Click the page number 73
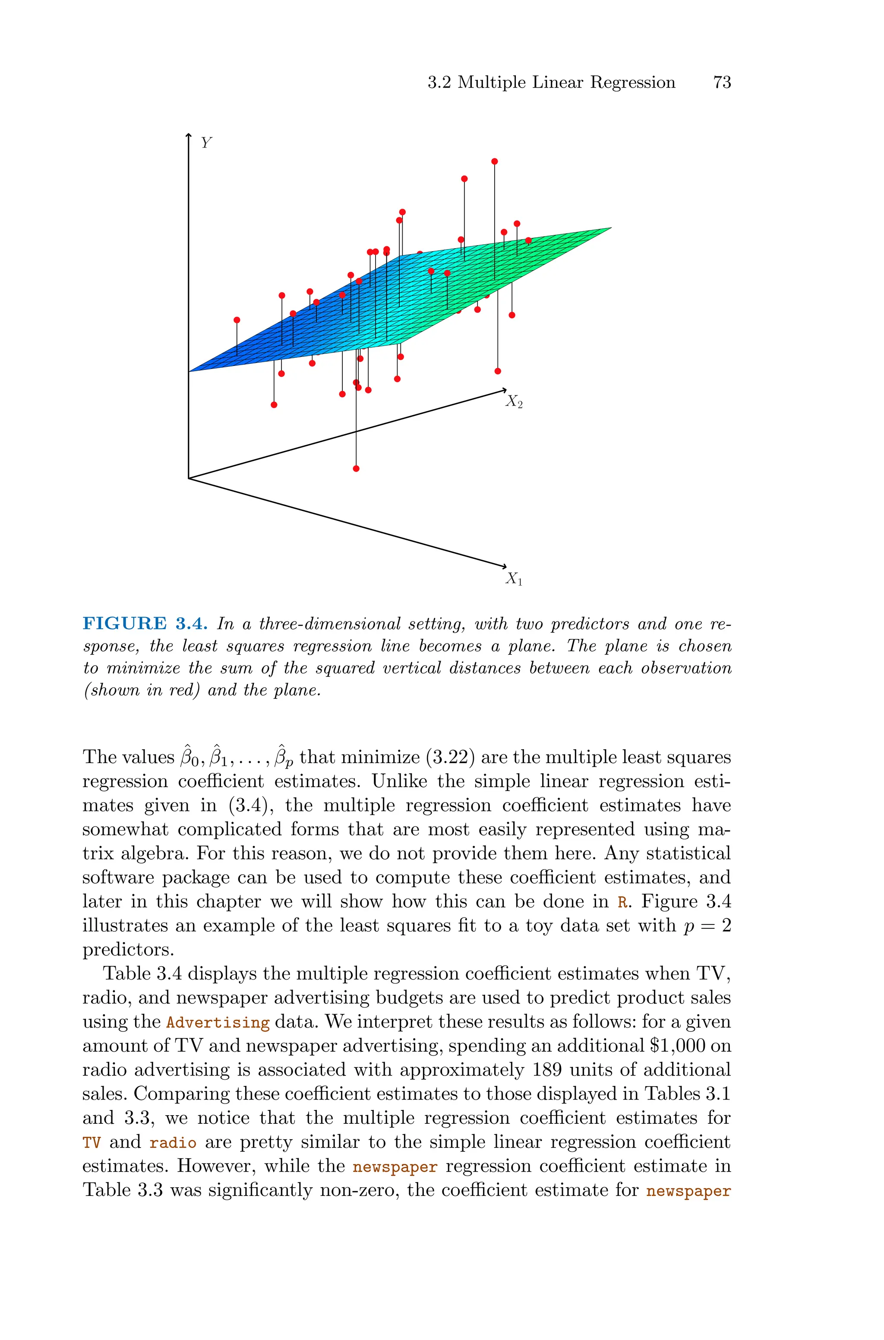[x=722, y=82]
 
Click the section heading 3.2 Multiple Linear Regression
[x=551, y=82]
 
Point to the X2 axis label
[x=514, y=401]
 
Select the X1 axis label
[x=514, y=579]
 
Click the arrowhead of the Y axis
[x=188, y=135]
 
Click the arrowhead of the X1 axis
[x=505, y=566]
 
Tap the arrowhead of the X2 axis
[x=504, y=390]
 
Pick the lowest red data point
[x=356, y=468]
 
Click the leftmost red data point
[x=237, y=320]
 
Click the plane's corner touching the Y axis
[x=190, y=371]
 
